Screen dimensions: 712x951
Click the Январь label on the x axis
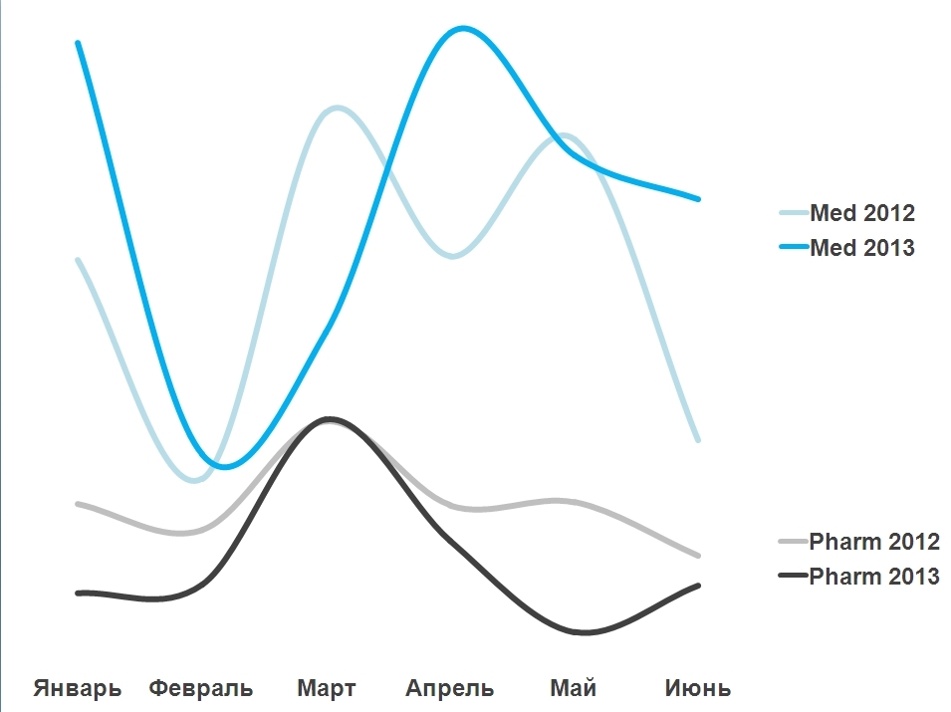(x=78, y=688)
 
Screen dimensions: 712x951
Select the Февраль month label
(x=201, y=688)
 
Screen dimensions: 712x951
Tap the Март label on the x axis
(x=326, y=688)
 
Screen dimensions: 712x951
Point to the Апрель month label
(x=450, y=688)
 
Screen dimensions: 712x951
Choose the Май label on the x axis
(x=574, y=688)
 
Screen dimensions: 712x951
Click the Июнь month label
(x=698, y=688)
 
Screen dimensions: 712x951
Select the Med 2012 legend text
(x=862, y=213)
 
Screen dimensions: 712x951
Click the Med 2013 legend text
(x=862, y=248)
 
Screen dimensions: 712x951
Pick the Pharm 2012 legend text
(x=874, y=543)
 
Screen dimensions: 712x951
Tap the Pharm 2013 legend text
(x=874, y=577)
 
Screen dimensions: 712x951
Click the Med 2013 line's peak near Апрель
(x=462, y=28)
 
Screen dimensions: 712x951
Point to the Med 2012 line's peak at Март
(x=337, y=108)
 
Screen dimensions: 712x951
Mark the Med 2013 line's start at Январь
(x=78, y=43)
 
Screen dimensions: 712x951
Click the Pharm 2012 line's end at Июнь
(x=699, y=555)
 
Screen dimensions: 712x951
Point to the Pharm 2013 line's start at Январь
(x=78, y=593)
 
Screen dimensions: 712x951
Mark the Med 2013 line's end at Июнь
(x=699, y=199)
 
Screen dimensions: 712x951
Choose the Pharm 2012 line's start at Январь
(x=78, y=504)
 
